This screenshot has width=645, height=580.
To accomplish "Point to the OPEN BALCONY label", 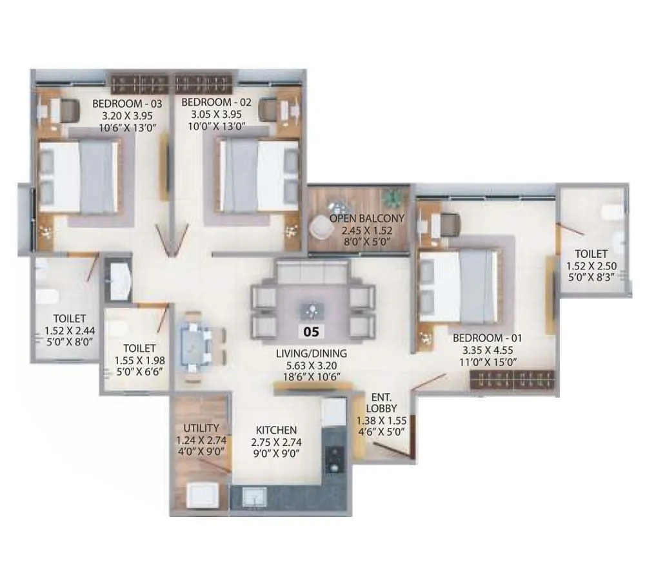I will point(367,218).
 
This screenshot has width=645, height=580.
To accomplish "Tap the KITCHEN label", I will point(276,430).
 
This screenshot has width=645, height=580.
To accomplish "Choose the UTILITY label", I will point(201,428).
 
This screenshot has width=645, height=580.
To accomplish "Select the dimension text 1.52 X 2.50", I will point(591,266).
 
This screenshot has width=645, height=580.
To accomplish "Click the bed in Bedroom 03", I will point(79,177).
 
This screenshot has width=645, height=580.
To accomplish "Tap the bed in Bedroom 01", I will point(460,287).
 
